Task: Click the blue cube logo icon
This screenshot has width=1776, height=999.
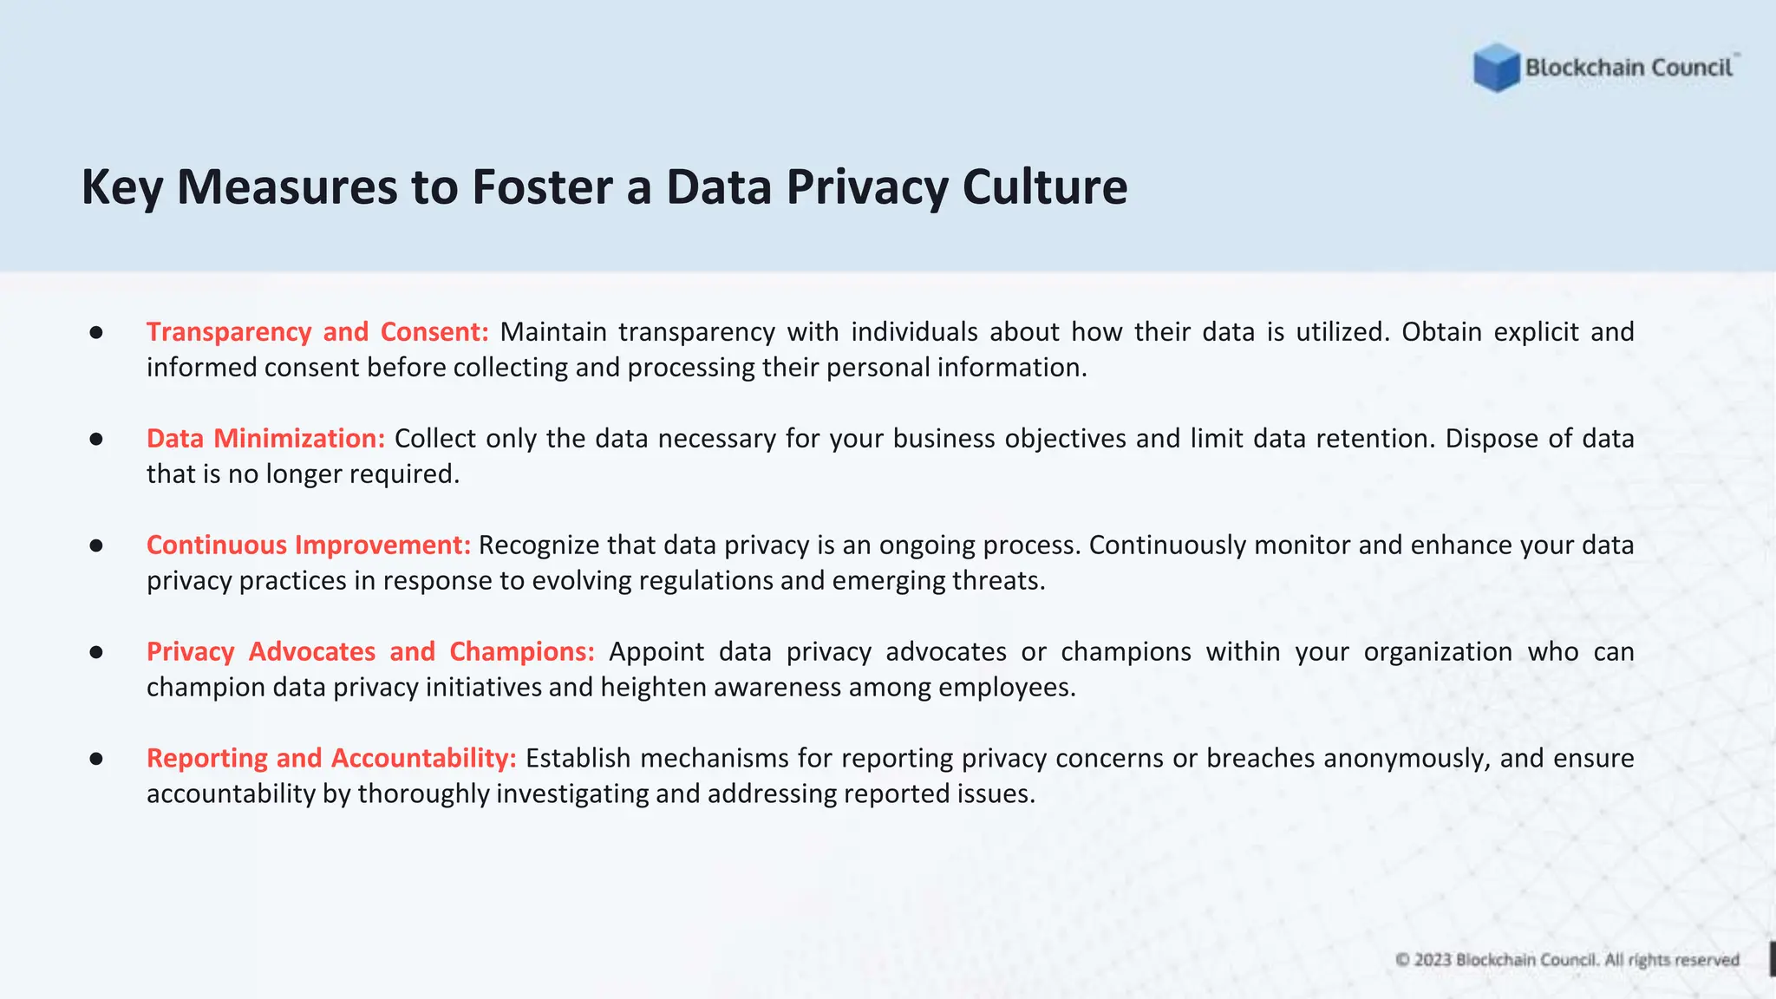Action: [1496, 68]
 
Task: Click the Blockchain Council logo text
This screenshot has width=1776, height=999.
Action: [1629, 68]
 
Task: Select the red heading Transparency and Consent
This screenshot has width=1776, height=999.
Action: [317, 331]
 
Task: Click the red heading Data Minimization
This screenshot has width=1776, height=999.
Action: [265, 438]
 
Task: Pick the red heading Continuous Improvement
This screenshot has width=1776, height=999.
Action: [308, 545]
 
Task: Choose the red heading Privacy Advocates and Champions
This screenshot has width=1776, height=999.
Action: [370, 651]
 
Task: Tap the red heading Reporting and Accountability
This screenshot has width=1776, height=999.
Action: [331, 758]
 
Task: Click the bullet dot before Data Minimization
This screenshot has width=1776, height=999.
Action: [96, 439]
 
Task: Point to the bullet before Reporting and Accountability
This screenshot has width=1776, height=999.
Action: [96, 759]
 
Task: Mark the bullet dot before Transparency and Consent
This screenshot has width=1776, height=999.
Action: [96, 332]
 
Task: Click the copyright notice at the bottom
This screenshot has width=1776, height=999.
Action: [1567, 960]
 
